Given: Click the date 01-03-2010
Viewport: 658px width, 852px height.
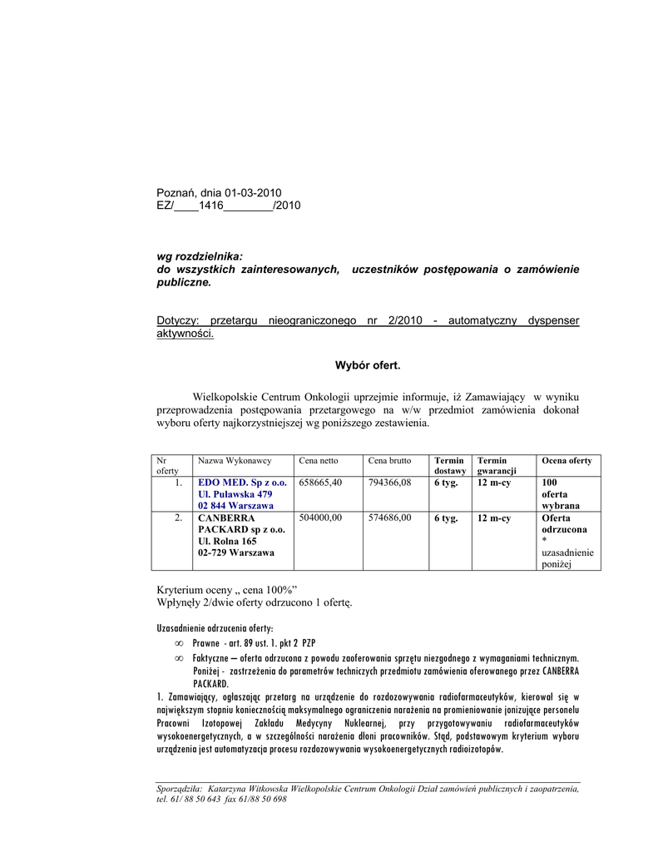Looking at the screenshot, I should click(x=253, y=193).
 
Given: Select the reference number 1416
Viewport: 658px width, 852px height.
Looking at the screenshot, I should click(x=211, y=206).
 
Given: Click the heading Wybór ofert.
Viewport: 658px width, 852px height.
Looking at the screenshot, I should click(x=368, y=365).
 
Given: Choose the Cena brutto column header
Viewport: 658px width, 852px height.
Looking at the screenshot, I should click(x=389, y=460).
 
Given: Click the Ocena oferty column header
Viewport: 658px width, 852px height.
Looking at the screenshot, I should click(x=566, y=460).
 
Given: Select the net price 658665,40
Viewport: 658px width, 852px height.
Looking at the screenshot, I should click(x=320, y=482).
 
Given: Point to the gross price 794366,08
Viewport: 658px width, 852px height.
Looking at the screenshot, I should click(x=390, y=482).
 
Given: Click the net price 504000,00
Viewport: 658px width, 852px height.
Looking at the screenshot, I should click(x=320, y=518).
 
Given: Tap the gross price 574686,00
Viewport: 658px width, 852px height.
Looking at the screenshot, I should click(x=390, y=518).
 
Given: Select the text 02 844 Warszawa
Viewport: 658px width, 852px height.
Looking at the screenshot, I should click(x=235, y=505).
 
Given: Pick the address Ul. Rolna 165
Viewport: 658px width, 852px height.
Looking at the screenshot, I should click(x=227, y=541).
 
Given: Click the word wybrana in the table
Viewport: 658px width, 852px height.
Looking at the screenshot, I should click(x=561, y=505).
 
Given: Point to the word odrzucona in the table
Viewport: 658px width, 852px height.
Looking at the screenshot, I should click(x=565, y=529).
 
